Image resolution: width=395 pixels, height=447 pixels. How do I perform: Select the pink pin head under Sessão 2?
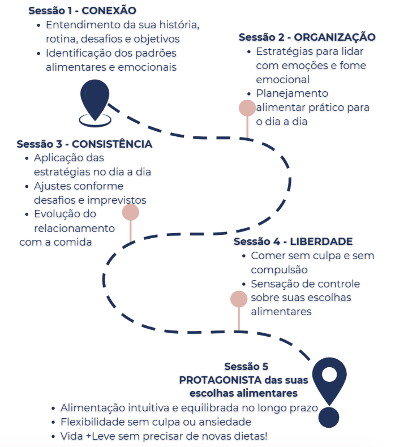click(x=247, y=108)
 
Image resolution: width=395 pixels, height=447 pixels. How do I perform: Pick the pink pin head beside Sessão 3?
click(x=131, y=212)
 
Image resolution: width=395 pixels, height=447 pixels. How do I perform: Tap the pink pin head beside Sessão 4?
click(x=239, y=299)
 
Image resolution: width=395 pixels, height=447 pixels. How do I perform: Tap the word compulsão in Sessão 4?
click(x=279, y=270)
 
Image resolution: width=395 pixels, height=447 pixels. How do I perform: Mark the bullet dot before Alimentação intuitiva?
click(x=53, y=409)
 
